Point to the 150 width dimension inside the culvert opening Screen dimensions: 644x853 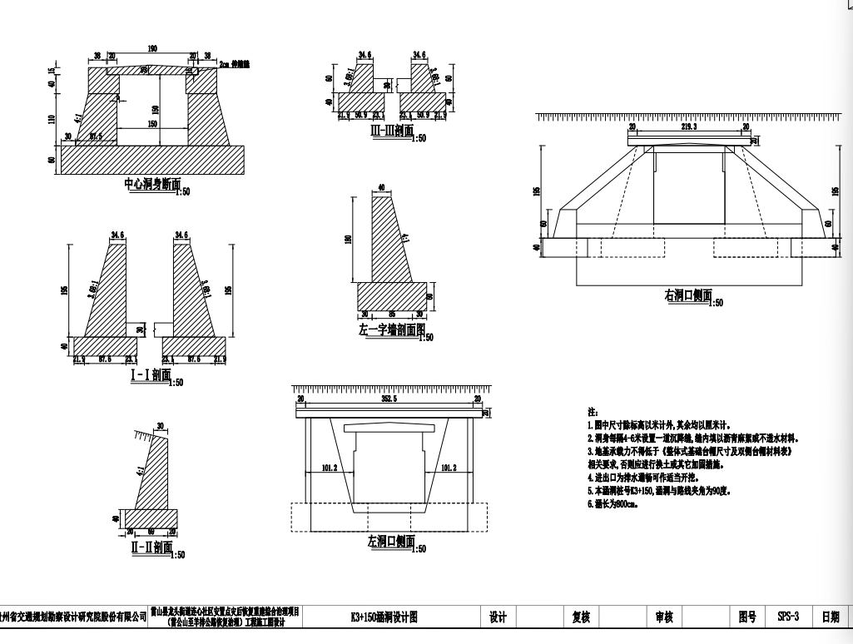[151, 124]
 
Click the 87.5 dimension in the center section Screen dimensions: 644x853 [95, 136]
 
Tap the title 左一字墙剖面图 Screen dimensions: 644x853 [388, 330]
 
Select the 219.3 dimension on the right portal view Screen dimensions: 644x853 [690, 127]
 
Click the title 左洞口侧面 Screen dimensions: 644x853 [390, 541]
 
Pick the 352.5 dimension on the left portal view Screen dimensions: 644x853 [389, 399]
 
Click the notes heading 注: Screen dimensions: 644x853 [593, 412]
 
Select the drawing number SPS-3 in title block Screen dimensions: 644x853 [787, 617]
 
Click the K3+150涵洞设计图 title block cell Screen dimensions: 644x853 [384, 617]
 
